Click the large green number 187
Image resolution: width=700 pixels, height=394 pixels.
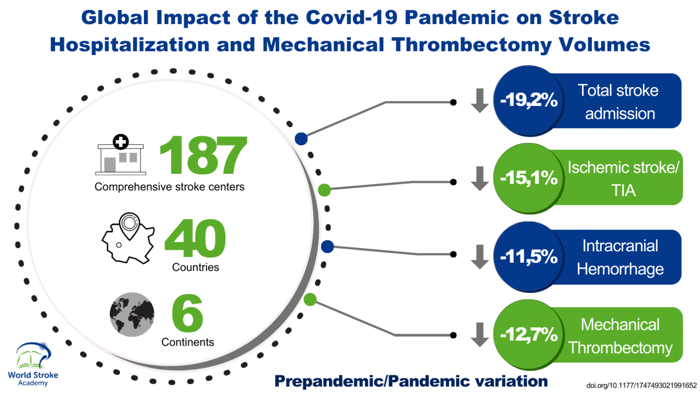click(203, 156)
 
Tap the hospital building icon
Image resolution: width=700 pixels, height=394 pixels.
click(121, 156)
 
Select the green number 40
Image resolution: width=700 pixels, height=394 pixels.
click(195, 238)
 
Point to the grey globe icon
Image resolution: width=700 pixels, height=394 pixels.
click(132, 315)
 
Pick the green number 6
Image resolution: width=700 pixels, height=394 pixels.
click(187, 313)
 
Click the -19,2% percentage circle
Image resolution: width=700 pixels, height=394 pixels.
click(529, 100)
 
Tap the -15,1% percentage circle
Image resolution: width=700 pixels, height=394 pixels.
click(529, 178)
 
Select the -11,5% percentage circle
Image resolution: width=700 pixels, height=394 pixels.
click(529, 257)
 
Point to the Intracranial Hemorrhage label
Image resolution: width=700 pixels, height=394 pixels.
click(620, 258)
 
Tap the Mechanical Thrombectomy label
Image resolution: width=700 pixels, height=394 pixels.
click(620, 336)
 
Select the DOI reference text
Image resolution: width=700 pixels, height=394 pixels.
click(641, 386)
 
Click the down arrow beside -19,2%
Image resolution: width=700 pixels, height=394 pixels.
click(479, 101)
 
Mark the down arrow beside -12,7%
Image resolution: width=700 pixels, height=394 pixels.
click(479, 335)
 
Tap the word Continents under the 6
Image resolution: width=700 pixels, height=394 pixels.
click(188, 342)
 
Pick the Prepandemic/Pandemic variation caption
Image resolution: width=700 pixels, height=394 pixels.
click(411, 381)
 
